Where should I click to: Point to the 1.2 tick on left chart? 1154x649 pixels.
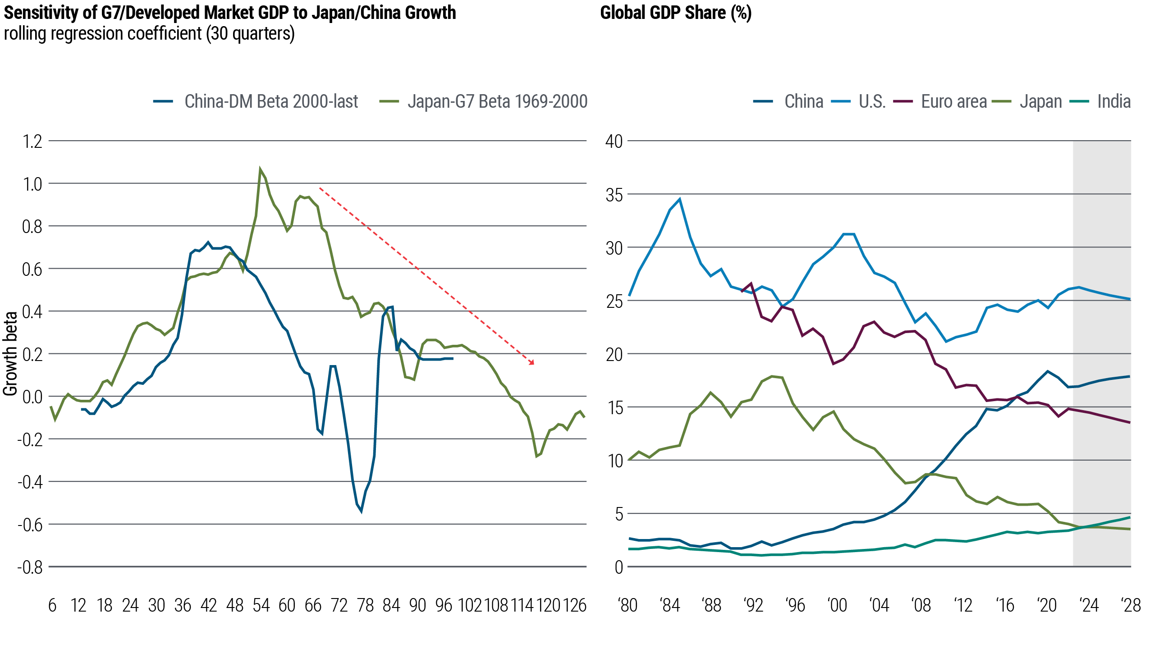(x=32, y=142)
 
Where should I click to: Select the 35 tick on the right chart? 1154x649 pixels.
(x=614, y=195)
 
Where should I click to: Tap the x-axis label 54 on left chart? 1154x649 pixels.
(x=261, y=605)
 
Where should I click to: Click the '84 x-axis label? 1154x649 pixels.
(x=670, y=605)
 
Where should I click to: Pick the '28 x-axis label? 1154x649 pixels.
(x=1131, y=605)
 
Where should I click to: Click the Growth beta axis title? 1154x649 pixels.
(x=10, y=354)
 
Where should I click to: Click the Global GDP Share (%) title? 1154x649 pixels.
(x=675, y=13)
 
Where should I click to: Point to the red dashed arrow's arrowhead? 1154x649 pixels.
(x=532, y=363)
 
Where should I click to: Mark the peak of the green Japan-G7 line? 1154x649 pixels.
(x=260, y=169)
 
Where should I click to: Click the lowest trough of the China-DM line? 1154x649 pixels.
(x=361, y=512)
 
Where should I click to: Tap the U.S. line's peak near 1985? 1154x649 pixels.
(x=680, y=199)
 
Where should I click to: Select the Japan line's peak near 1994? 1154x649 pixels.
(x=773, y=376)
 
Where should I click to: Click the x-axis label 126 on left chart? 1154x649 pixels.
(x=574, y=605)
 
